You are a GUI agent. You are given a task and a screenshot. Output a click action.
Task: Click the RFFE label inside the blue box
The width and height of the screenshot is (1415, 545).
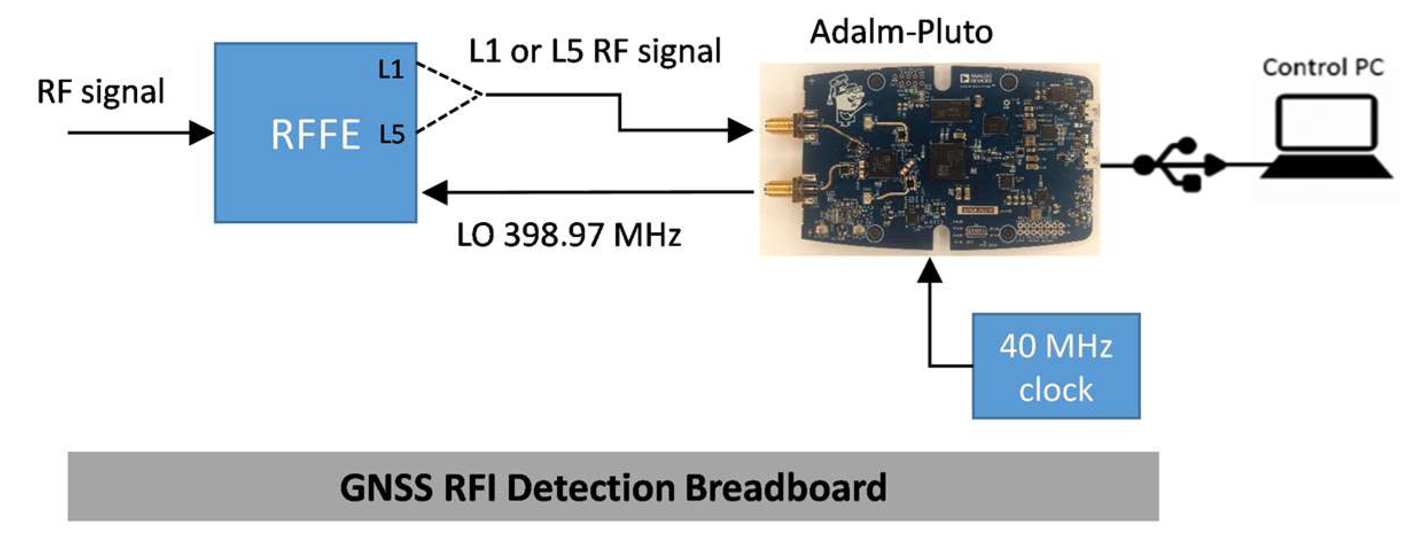tap(315, 135)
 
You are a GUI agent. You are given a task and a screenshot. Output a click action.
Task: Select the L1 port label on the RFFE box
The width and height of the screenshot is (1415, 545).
tap(391, 70)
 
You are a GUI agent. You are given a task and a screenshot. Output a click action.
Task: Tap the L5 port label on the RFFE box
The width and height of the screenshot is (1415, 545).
tap(392, 135)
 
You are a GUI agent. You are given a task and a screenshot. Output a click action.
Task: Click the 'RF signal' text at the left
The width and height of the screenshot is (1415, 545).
tap(100, 91)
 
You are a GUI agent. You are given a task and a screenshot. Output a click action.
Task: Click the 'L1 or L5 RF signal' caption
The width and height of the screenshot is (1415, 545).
tap(594, 52)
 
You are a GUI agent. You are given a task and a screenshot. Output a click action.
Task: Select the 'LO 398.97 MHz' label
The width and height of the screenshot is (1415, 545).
tap(568, 235)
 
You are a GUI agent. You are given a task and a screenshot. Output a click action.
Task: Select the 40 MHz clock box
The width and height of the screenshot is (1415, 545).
tap(1055, 366)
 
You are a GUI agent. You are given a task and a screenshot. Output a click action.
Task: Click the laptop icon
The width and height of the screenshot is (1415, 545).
tap(1326, 138)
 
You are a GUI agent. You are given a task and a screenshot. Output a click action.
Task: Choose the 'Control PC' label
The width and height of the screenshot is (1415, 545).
tap(1323, 68)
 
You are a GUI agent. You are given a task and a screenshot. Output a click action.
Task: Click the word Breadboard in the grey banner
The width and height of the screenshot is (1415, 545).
tap(785, 488)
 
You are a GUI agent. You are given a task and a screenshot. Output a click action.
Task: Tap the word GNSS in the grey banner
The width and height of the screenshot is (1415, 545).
tap(385, 488)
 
